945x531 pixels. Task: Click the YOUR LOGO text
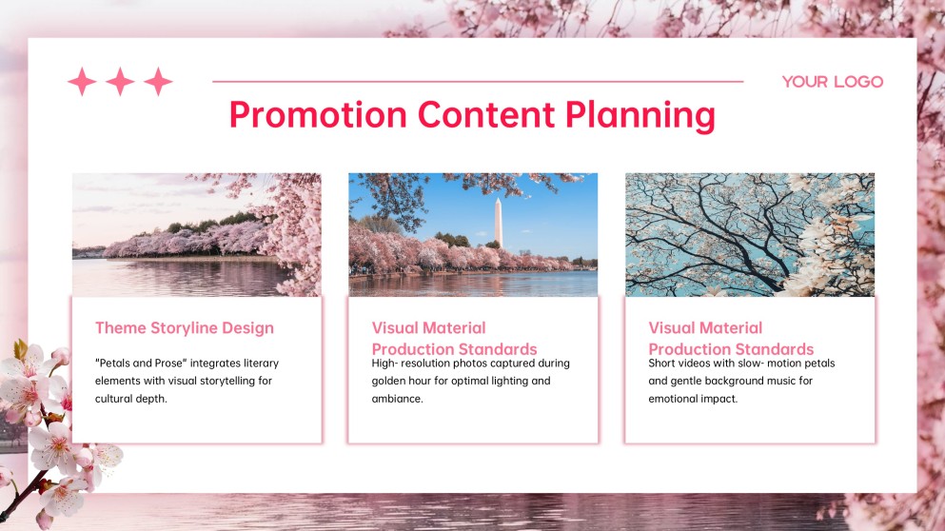[x=832, y=82]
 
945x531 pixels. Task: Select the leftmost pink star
[x=82, y=82]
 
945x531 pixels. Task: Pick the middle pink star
[x=120, y=82]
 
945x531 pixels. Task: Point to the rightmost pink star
[x=158, y=82]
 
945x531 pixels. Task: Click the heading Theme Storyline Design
[x=184, y=328]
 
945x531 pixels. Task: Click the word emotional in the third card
[x=674, y=399]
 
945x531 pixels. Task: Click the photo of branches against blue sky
[x=749, y=234]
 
